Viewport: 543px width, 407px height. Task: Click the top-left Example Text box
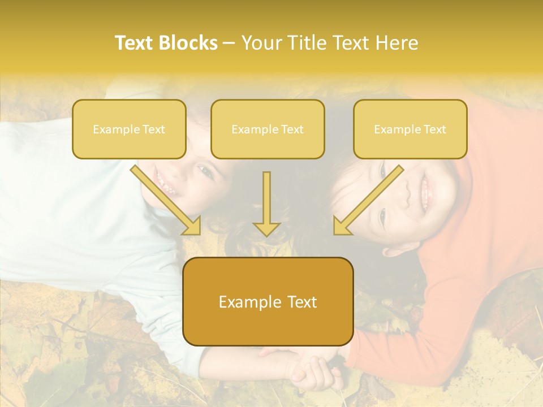click(x=129, y=129)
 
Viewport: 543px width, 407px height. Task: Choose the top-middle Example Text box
click(x=268, y=129)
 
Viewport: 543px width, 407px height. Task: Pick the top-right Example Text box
click(x=410, y=129)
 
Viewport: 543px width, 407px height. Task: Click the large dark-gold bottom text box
click(x=268, y=301)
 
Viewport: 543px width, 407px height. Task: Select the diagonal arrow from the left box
click(x=165, y=198)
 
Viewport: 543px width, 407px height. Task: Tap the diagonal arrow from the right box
click(x=369, y=198)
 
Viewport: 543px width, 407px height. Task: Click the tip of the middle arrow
click(x=266, y=233)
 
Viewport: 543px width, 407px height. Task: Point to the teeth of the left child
click(x=162, y=182)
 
